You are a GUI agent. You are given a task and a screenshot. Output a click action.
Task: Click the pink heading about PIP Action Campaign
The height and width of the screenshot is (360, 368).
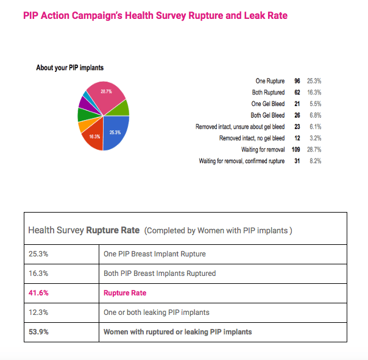pos(155,16)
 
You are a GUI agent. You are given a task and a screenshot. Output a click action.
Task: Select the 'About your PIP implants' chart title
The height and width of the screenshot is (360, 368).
pos(70,68)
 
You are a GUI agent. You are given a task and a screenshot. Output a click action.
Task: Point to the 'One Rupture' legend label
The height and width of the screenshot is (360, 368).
pos(270,81)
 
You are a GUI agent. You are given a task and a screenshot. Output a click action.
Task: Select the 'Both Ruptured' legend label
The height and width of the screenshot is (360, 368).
pos(268,93)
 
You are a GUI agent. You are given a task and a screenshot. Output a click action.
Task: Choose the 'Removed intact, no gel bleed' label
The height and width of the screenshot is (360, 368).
pos(252,138)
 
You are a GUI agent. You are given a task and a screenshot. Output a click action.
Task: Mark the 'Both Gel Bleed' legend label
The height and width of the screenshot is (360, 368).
pos(267,115)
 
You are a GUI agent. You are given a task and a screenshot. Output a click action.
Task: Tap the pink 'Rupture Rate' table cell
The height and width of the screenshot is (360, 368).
pos(126,292)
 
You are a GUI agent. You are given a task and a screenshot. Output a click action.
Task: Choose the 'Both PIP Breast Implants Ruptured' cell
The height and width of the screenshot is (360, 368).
pos(160,274)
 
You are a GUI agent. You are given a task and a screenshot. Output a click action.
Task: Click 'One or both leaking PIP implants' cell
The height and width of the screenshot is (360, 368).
pos(157,312)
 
